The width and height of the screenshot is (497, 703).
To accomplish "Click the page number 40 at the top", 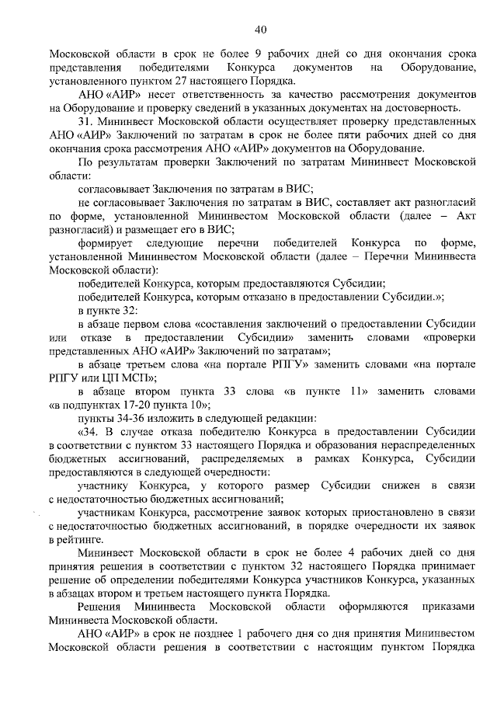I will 261,30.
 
